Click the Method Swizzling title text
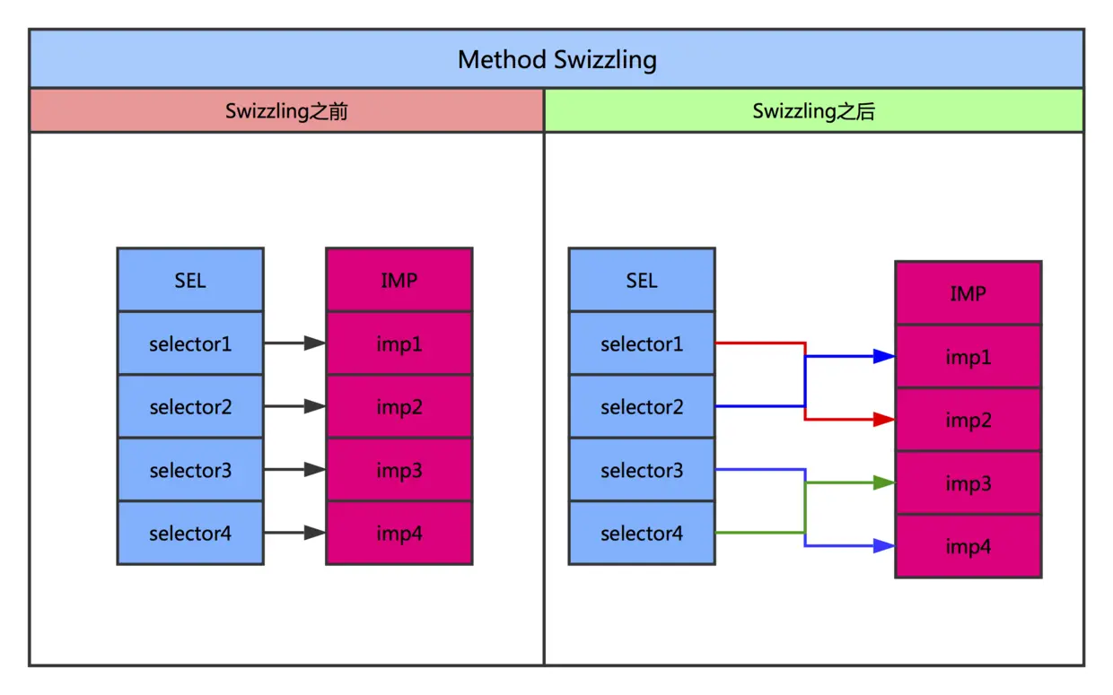[556, 59]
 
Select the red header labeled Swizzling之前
[286, 111]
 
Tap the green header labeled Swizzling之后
[813, 111]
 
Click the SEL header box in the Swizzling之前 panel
[190, 280]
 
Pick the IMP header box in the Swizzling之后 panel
[968, 293]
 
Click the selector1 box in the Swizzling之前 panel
[190, 343]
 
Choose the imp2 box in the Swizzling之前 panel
[399, 407]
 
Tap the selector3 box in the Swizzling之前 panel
[190, 470]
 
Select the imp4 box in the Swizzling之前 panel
[399, 534]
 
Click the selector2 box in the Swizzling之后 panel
[642, 407]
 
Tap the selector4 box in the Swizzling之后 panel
[642, 534]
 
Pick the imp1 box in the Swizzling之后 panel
[968, 357]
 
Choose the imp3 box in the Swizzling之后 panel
[968, 483]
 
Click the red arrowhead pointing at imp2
[884, 420]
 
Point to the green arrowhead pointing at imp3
[884, 483]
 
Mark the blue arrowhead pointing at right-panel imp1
[884, 356]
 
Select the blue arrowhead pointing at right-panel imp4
[884, 546]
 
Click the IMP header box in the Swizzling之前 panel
[399, 280]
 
